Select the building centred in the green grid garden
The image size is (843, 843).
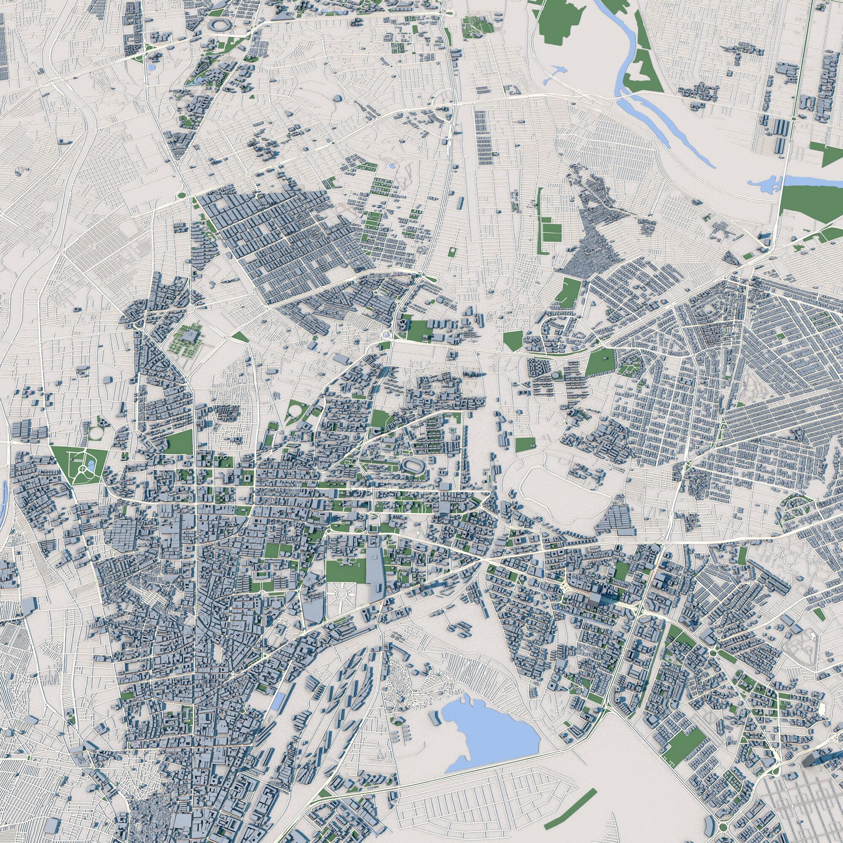190,336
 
